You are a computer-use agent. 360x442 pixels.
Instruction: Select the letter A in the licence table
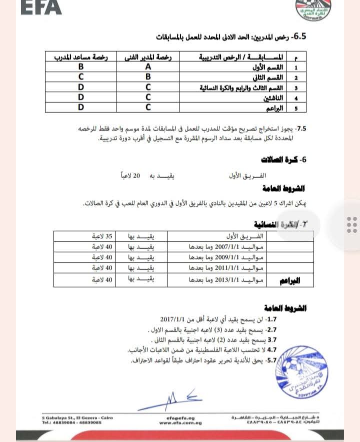tap(147, 67)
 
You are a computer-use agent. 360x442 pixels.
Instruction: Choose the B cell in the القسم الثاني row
tap(147, 77)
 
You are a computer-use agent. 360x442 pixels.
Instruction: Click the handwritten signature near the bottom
tap(178, 398)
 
